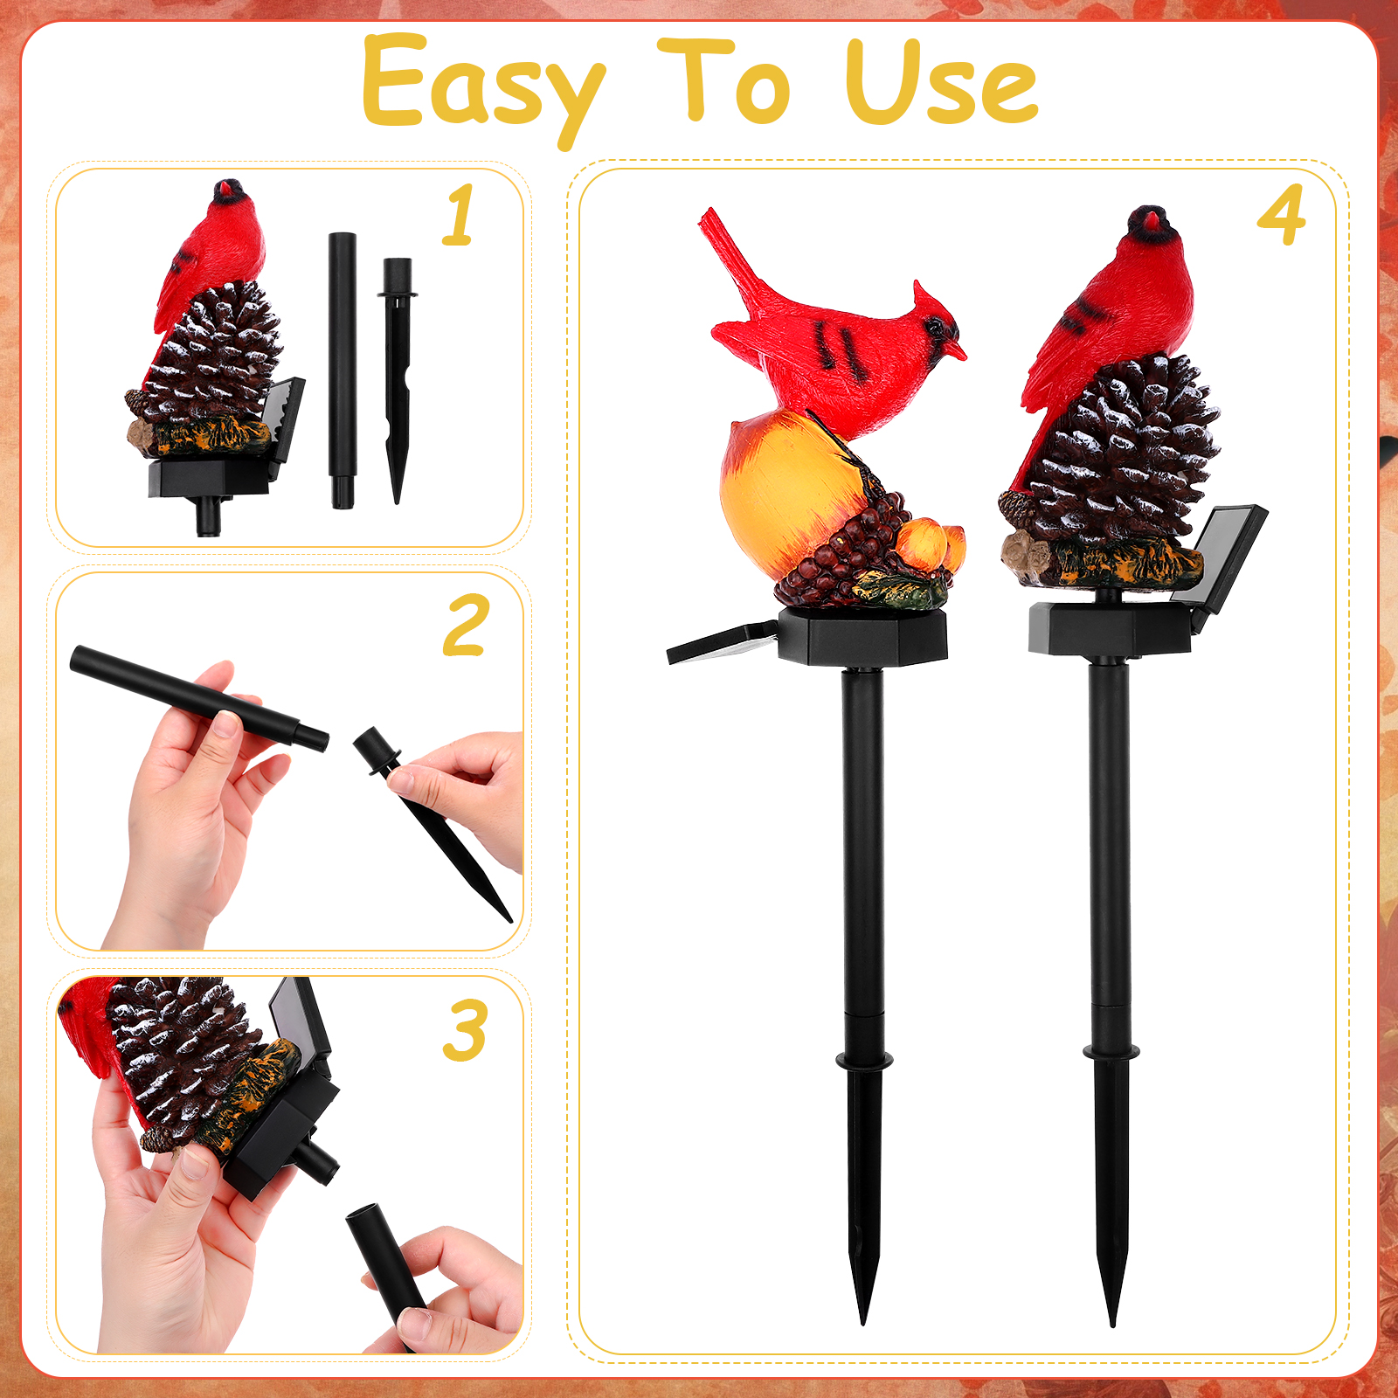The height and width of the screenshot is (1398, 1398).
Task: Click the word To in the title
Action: (724, 80)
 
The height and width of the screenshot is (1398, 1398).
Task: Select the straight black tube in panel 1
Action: (343, 370)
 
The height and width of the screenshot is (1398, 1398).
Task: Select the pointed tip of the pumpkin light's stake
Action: (863, 1322)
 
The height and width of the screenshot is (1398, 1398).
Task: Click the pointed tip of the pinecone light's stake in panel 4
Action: (1112, 1324)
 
